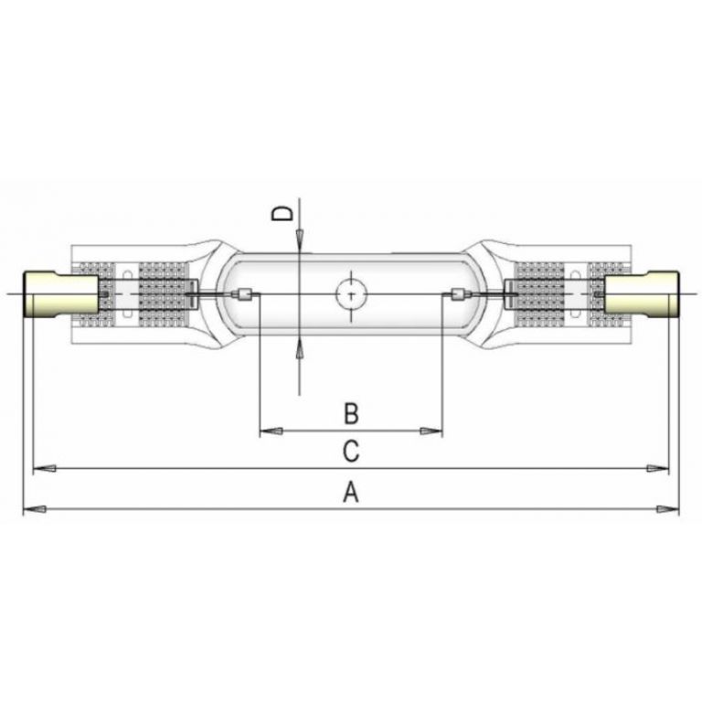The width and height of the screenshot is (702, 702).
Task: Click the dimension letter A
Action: [x=350, y=494]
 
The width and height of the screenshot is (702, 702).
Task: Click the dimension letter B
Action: [x=350, y=414]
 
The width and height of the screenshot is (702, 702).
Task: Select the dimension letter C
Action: [x=350, y=451]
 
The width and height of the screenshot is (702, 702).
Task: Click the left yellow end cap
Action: [x=60, y=294]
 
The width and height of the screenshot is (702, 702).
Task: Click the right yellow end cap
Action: [x=641, y=294]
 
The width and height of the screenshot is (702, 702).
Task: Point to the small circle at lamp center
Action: [x=350, y=293]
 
